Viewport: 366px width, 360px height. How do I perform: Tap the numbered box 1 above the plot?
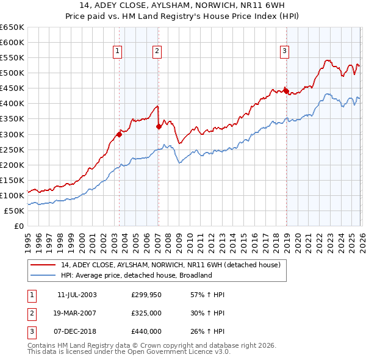pos(117,51)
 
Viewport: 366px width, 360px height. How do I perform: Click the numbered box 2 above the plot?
pos(157,51)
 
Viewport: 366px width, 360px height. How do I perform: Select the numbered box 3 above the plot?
pos(284,51)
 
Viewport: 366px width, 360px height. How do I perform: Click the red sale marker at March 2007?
pos(159,126)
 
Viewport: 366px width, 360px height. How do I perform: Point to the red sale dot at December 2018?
pos(285,91)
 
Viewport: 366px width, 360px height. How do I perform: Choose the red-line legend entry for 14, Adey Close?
pos(170,265)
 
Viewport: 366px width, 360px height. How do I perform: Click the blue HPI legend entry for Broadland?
pos(136,275)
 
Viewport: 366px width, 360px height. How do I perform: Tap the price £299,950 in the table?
pos(146,295)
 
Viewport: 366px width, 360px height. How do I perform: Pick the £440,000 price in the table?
pos(146,331)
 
